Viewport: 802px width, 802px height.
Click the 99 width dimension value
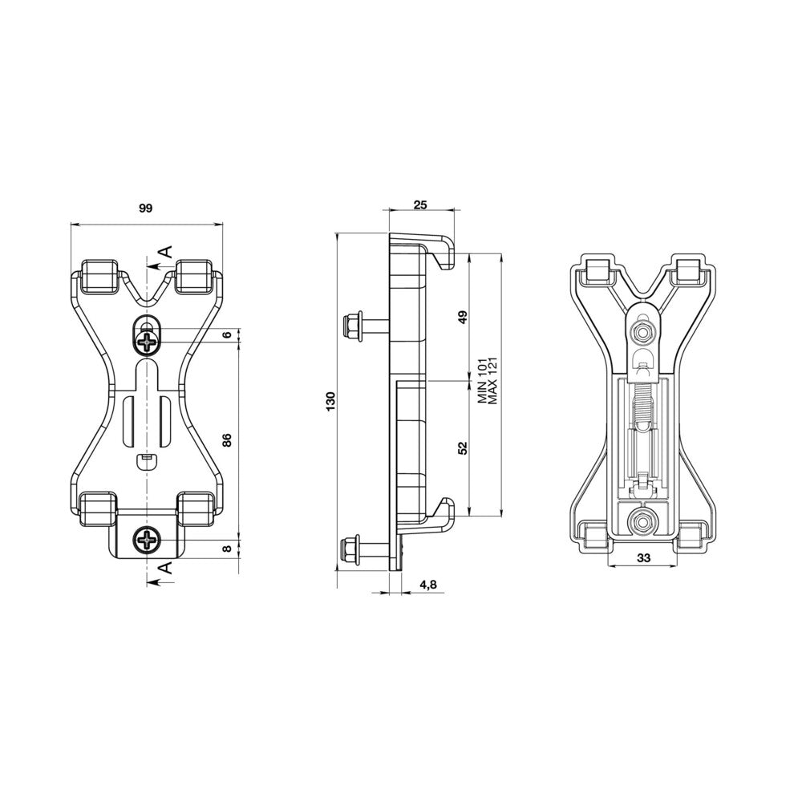tap(145, 209)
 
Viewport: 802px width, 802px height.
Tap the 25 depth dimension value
tap(419, 205)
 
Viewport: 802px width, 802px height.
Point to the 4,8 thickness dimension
tap(427, 585)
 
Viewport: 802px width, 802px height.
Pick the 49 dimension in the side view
tap(462, 317)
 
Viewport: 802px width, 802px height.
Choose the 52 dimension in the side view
tap(462, 448)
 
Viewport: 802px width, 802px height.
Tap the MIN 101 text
tap(482, 381)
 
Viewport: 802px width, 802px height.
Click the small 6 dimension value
tap(227, 335)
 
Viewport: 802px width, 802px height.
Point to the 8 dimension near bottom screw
tap(227, 549)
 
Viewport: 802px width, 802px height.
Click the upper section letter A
tap(164, 252)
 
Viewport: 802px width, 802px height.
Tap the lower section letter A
tap(164, 569)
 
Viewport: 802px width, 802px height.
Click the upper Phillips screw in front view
tap(148, 343)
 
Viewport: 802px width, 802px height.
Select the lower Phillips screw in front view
tap(148, 543)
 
